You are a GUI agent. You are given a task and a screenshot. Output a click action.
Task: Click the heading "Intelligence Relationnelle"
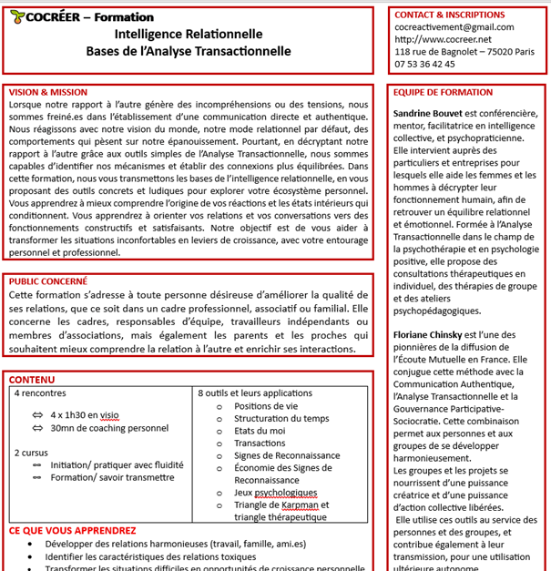point(189,35)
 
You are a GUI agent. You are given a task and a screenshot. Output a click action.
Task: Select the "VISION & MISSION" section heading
point(47,92)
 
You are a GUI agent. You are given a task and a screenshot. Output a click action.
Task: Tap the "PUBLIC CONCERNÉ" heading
point(47,281)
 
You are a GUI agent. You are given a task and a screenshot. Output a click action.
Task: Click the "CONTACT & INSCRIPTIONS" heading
point(450,15)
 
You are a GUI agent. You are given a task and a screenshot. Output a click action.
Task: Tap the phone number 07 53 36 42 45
point(425,65)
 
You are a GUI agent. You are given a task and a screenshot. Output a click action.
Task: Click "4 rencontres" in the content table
point(40,393)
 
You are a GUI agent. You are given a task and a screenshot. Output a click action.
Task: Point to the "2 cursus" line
point(32,452)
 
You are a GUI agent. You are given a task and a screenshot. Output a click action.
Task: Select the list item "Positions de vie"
point(266,406)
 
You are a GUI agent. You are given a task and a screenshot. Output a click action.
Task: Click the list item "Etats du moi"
point(260,431)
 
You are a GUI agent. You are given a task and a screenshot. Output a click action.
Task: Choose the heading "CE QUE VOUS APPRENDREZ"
point(73,530)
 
